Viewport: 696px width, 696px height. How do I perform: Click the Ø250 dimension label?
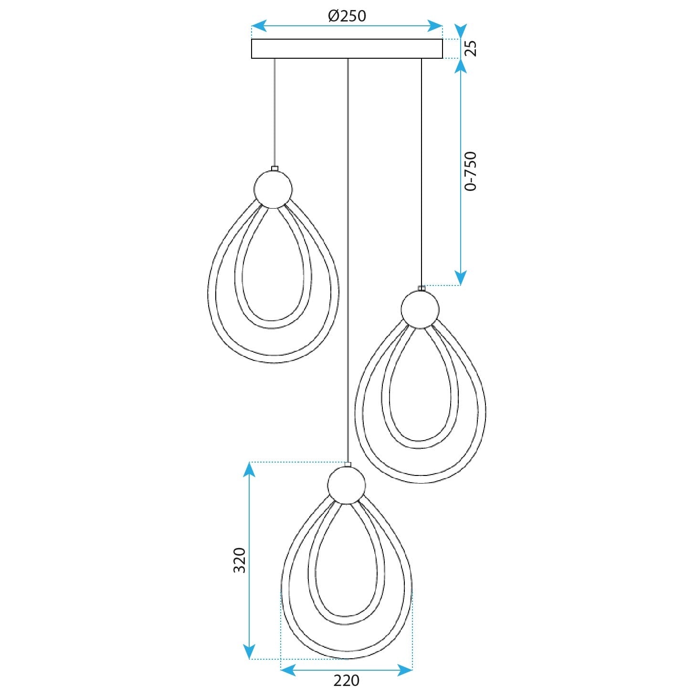pos(347,16)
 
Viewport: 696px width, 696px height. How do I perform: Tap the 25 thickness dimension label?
pos(471,48)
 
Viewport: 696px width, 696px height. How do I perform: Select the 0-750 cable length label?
pos(471,171)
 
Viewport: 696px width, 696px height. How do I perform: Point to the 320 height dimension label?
pos(239,560)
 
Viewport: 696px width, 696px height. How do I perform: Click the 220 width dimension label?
pos(346,680)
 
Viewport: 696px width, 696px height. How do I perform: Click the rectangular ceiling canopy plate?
pos(347,49)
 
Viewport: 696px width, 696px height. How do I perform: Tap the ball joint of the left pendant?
pos(273,189)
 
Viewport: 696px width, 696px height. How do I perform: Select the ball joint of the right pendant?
pos(420,309)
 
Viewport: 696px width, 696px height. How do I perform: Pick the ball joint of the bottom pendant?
pos(347,485)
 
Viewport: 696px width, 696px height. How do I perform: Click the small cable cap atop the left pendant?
pos(274,168)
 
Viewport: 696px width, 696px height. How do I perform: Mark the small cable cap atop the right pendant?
pos(421,288)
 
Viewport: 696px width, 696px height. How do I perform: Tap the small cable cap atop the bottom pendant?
pos(348,464)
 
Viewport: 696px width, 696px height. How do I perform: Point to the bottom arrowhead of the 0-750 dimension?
pos(460,278)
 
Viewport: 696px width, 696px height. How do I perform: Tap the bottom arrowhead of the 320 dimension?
pos(249,652)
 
